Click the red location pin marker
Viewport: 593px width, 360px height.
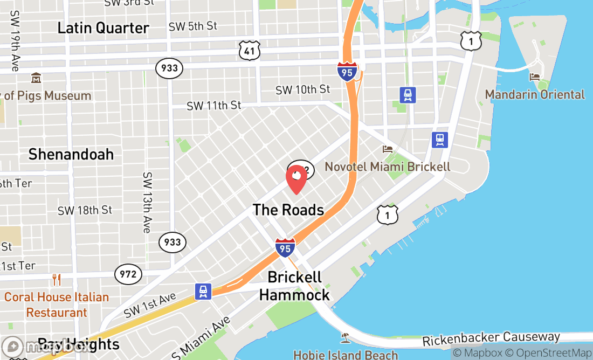point(296,179)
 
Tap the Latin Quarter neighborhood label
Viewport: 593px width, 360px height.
point(103,28)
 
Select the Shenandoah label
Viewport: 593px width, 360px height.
point(71,155)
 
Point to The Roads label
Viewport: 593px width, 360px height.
point(288,210)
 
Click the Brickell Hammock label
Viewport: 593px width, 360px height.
point(294,286)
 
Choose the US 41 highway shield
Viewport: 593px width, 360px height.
point(250,50)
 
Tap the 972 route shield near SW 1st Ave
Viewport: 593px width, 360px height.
point(128,274)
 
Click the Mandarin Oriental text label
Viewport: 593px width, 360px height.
point(535,94)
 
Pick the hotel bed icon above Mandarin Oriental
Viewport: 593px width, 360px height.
point(535,77)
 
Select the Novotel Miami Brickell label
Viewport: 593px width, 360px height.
point(387,167)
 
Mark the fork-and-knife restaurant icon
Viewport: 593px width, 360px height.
point(57,280)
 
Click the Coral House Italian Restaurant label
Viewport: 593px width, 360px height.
point(57,304)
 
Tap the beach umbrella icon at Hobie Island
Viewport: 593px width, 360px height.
point(345,338)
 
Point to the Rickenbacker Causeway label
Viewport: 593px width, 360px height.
point(491,339)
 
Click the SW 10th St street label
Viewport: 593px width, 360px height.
point(302,89)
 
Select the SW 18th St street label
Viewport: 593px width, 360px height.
point(85,210)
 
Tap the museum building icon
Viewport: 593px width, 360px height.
point(36,78)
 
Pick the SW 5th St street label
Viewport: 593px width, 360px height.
point(192,26)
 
